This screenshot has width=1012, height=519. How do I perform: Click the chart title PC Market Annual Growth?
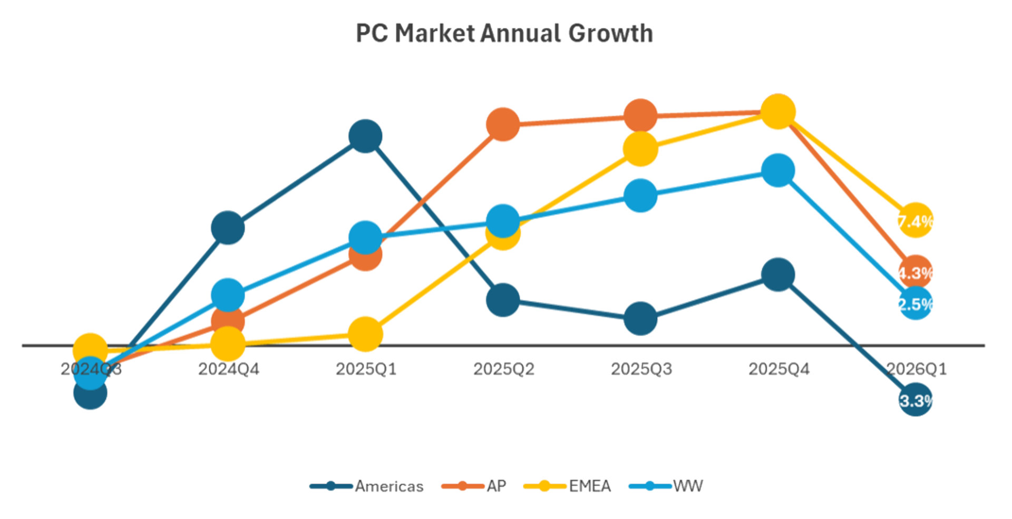pos(504,33)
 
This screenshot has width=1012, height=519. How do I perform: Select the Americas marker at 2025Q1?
pos(365,136)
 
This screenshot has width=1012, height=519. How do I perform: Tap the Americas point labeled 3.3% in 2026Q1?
pos(916,400)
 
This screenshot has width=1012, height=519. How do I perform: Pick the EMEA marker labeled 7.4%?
pos(916,220)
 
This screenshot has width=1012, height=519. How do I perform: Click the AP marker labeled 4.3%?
pos(916,272)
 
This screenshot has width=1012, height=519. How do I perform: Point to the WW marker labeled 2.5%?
pos(916,303)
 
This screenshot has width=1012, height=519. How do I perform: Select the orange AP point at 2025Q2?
pos(503,124)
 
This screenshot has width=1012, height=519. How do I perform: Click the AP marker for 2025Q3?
pos(640,115)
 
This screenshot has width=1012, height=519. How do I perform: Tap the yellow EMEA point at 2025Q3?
pos(640,149)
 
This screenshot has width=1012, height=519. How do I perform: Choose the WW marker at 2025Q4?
pos(778,171)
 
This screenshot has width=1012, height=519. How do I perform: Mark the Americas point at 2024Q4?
pos(228,228)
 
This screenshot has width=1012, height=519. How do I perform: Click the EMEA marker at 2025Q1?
pos(365,334)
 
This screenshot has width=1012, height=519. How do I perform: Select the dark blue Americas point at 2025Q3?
pos(640,318)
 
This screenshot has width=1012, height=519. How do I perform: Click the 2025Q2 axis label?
pos(503,369)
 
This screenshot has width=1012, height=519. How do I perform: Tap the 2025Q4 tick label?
pos(779,369)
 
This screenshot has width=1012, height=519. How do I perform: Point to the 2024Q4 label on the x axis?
pos(228,369)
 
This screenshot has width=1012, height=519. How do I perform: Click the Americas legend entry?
pos(388,486)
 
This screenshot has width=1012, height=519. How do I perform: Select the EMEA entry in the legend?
pos(589,486)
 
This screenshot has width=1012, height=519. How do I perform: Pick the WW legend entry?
pos(687,486)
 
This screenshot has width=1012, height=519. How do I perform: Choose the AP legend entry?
pos(495,486)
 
